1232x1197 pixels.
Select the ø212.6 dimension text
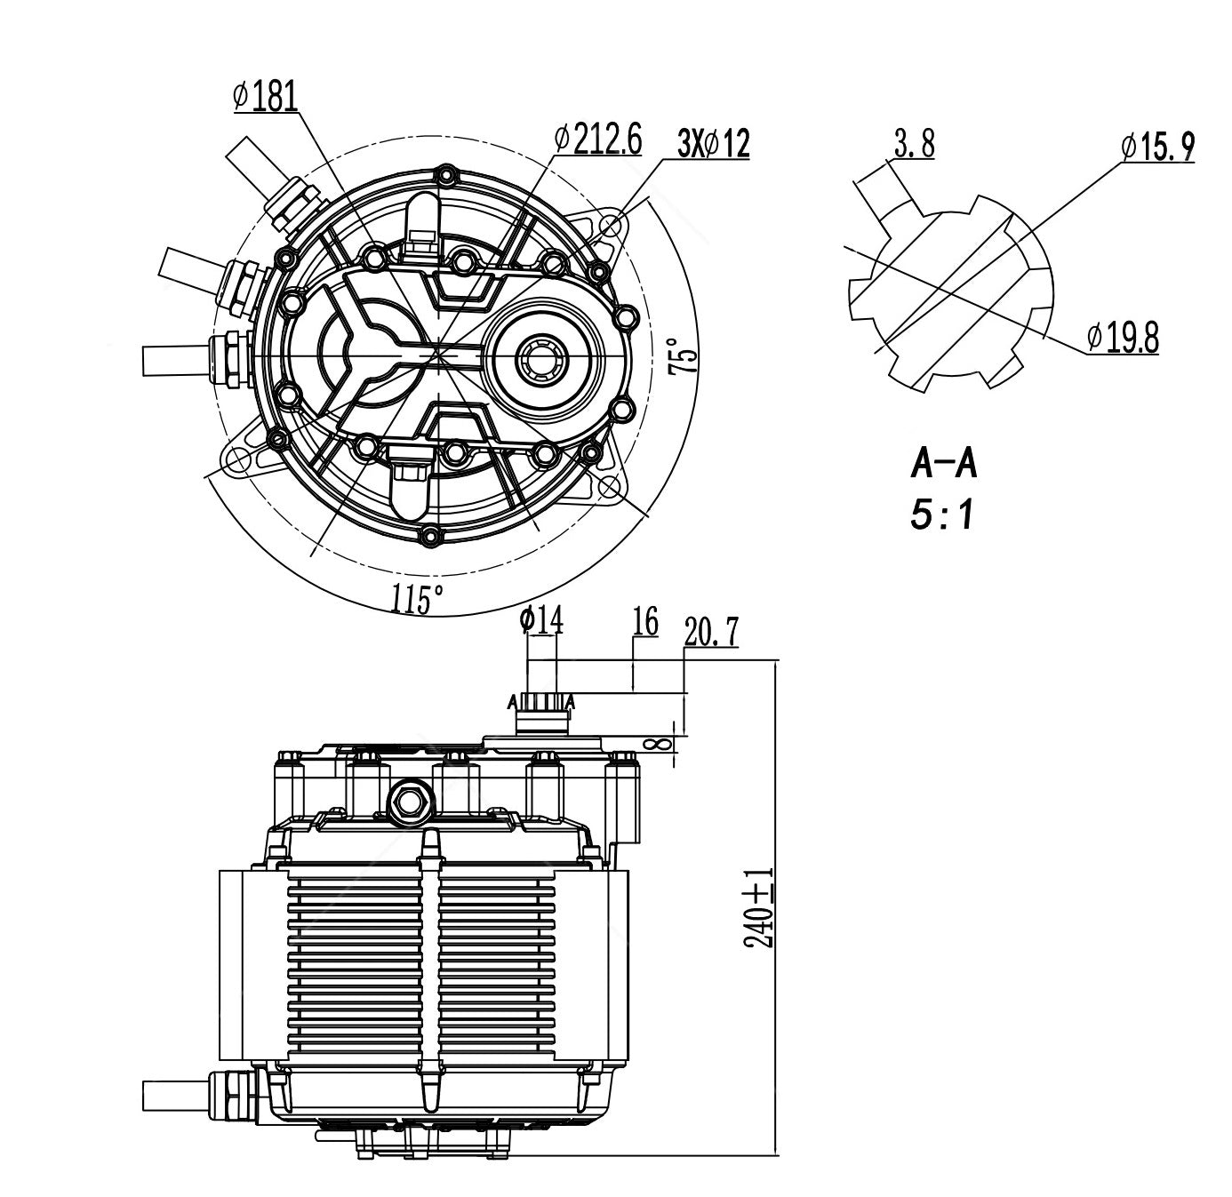point(596,139)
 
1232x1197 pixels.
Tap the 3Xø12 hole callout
point(713,142)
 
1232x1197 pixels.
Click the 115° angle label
point(417,600)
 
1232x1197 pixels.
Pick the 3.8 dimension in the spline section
point(914,144)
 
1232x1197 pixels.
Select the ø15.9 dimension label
point(1157,147)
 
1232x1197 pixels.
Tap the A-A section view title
point(944,464)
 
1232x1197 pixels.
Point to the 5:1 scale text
point(942,515)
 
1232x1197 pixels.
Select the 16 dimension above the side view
point(645,622)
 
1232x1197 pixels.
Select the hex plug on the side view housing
point(410,801)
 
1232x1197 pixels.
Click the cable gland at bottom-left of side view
point(233,1095)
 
